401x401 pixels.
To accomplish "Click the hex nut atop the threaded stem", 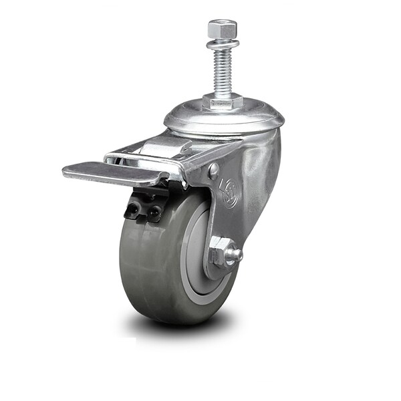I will (222, 29).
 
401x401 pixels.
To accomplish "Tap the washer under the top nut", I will (222, 44).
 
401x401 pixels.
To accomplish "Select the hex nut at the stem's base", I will (222, 102).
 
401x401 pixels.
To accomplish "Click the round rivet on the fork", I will (213, 171).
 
